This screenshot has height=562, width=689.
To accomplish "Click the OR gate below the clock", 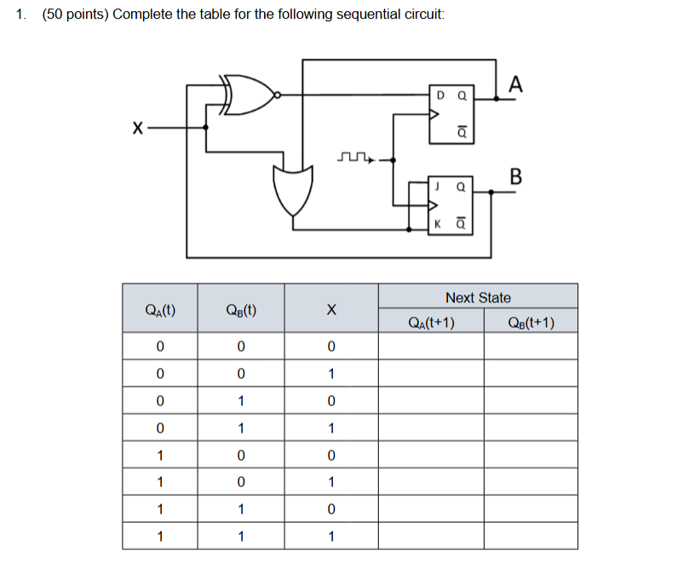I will click(x=292, y=188).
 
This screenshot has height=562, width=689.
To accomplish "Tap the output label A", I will click(x=515, y=83).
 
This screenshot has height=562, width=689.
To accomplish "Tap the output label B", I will click(x=514, y=176).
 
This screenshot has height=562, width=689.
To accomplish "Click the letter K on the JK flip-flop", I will click(x=438, y=225).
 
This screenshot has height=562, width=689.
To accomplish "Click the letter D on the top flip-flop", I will click(x=439, y=95).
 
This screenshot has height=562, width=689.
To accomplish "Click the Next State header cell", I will click(x=478, y=297).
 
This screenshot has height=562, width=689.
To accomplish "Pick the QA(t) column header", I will click(x=161, y=310).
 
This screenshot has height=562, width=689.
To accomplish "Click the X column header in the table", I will click(x=331, y=310).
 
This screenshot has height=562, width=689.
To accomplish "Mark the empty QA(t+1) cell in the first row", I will click(x=431, y=346).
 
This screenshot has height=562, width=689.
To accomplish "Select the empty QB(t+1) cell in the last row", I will click(x=531, y=536).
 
